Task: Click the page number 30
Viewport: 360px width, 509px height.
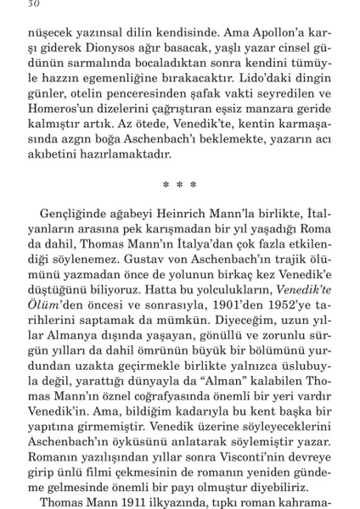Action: click(34, 4)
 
